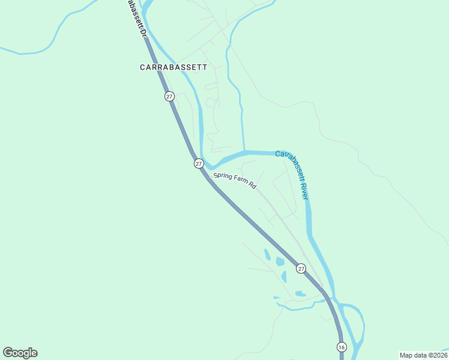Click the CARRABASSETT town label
(173, 67)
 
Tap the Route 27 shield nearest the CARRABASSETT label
(169, 96)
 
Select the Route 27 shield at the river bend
(199, 163)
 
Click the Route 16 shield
(341, 347)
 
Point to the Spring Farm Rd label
(235, 181)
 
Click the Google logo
(20, 353)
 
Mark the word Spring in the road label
(223, 177)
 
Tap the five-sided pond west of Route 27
(280, 262)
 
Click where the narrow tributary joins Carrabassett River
(244, 151)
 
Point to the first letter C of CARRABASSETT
(143, 67)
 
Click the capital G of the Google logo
(8, 352)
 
